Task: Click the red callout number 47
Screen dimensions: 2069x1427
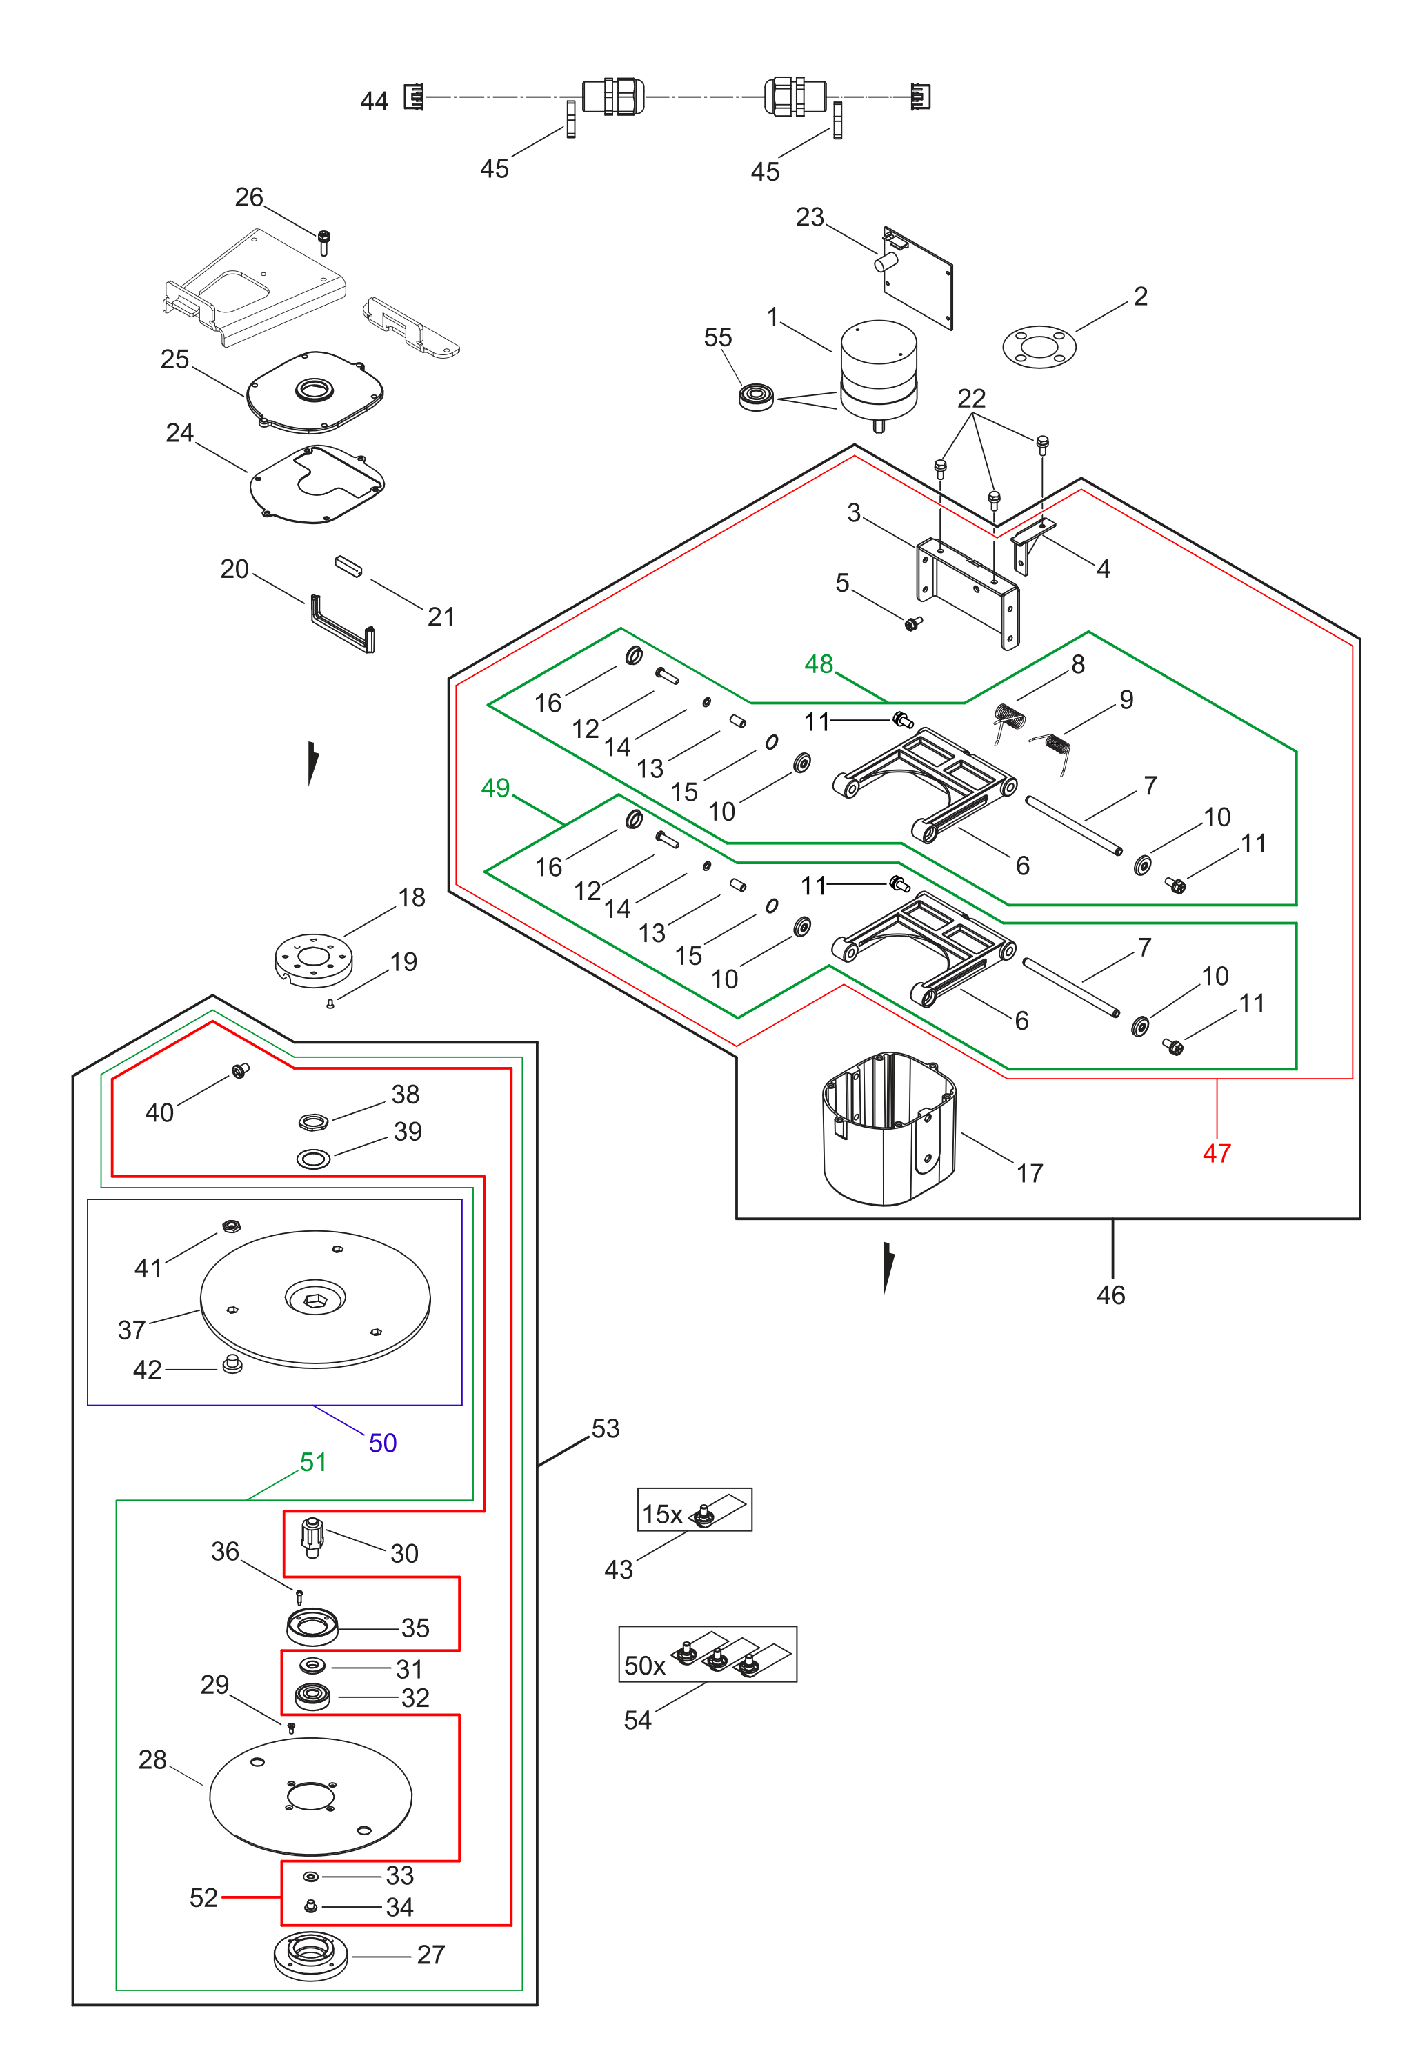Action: [1216, 1153]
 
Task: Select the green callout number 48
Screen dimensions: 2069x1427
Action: [818, 664]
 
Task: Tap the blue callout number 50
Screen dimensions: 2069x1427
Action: [383, 1443]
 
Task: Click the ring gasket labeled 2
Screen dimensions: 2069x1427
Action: [1039, 346]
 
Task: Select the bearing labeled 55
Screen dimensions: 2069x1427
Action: [757, 397]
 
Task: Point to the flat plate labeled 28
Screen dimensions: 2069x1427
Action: [310, 1797]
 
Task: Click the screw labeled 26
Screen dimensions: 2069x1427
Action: [323, 241]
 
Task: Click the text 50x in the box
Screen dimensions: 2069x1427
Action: [645, 1666]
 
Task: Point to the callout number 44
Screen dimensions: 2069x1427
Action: [374, 101]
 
